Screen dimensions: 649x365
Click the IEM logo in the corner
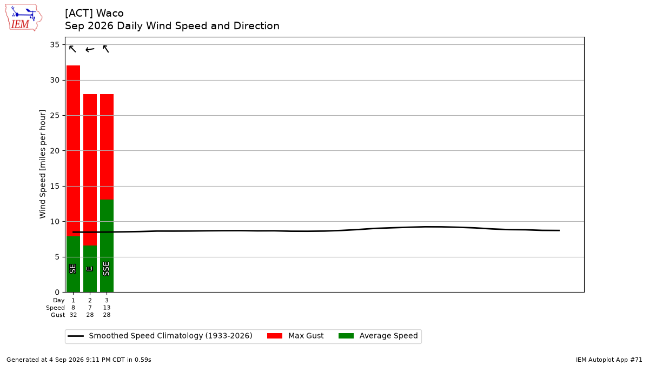[x=24, y=18]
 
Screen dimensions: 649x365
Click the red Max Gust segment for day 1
[x=74, y=151]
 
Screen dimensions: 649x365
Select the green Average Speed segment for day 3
[x=107, y=246]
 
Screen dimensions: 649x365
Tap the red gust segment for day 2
[x=90, y=170]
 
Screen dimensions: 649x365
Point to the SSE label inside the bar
[x=107, y=269]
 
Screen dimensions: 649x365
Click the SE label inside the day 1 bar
[x=72, y=269]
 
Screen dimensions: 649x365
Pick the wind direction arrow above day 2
[x=90, y=50]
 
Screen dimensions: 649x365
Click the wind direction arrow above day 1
[x=72, y=49]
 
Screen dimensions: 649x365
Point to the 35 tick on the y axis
[x=55, y=44]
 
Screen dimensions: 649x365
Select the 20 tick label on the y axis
[x=55, y=151]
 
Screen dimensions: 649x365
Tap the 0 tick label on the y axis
[x=57, y=293]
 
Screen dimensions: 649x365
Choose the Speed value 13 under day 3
[x=107, y=308]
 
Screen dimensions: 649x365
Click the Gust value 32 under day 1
[x=73, y=315]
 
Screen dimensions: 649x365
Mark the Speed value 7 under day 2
[x=90, y=308]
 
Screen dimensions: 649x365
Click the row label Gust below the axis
[x=58, y=315]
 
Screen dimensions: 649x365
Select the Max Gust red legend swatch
[x=275, y=336]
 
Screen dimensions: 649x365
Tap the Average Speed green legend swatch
[x=346, y=336]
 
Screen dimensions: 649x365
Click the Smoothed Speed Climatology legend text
[x=170, y=336]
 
